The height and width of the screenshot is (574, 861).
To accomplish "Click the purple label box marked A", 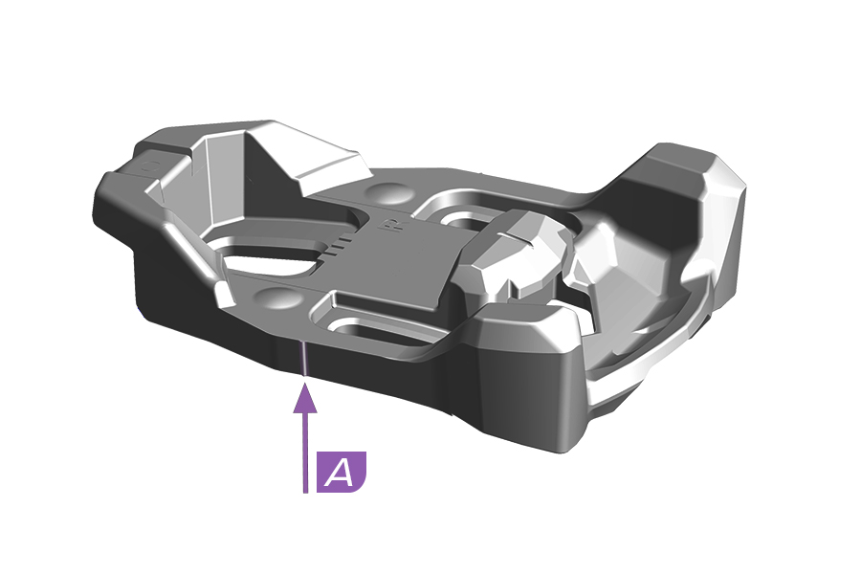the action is tap(342, 472).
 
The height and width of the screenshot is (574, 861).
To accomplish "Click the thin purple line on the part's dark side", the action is tap(303, 358).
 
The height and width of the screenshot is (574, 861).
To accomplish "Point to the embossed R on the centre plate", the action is tap(391, 225).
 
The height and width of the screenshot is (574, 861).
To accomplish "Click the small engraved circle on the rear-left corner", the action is tap(150, 166).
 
